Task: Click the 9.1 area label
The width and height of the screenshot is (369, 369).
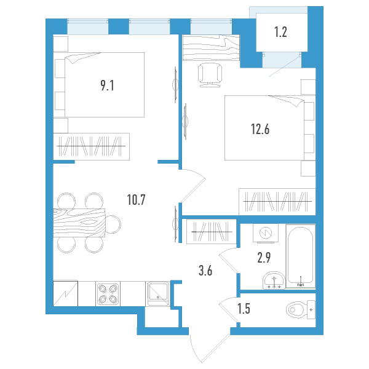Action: tap(107, 85)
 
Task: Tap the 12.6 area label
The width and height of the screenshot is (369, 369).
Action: tap(260, 129)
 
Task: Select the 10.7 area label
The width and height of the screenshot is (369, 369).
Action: tap(137, 200)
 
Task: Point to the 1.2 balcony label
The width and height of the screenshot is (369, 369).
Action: tap(280, 32)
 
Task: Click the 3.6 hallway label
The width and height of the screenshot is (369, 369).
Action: tap(205, 271)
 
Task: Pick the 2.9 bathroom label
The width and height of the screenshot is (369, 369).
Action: tap(264, 258)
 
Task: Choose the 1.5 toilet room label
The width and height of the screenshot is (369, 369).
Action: tap(244, 309)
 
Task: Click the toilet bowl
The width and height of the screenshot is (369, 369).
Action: tap(301, 309)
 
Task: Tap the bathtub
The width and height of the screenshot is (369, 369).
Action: tap(301, 256)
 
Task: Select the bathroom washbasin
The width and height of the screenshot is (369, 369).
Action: tap(274, 280)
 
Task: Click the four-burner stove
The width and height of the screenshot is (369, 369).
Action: tap(108, 294)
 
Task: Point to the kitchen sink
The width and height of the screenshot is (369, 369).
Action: tap(157, 294)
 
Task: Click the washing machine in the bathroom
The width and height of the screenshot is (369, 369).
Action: tap(266, 233)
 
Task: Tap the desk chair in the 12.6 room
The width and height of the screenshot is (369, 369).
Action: tap(210, 75)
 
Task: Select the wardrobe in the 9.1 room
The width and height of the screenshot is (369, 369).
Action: tap(91, 146)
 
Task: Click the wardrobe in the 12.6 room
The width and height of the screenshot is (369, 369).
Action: tap(277, 202)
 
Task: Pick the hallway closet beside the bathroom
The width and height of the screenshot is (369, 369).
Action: tap(212, 232)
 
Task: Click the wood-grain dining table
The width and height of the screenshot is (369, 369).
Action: tap(79, 223)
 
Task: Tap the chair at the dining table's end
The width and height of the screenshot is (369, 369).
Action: tap(113, 224)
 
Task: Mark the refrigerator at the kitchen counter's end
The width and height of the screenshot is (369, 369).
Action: tap(65, 293)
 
